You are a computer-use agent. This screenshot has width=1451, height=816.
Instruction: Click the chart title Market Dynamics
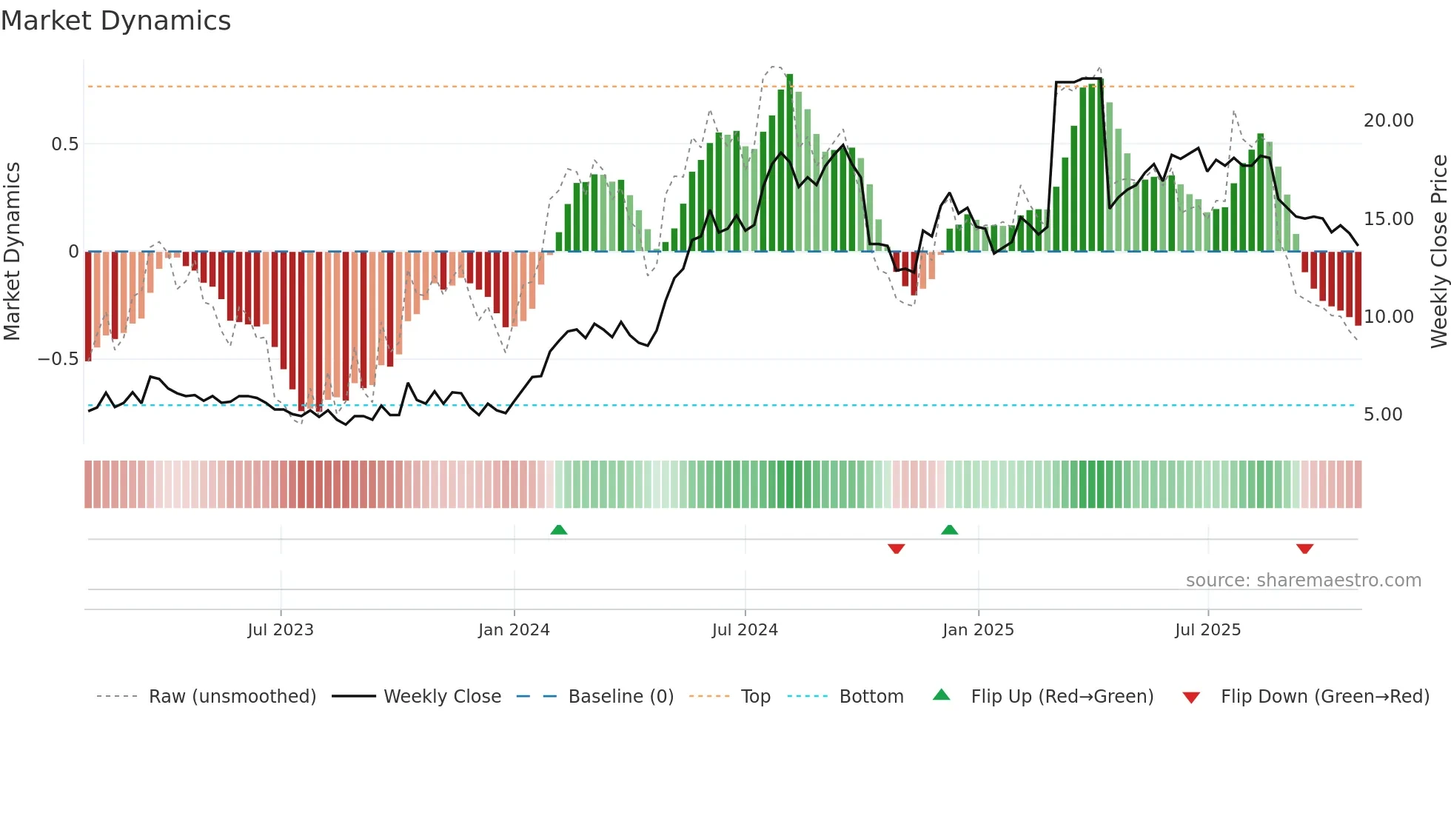115,21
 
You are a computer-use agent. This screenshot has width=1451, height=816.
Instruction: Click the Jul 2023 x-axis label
281,630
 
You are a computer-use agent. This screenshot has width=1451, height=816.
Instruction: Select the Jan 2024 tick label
514,630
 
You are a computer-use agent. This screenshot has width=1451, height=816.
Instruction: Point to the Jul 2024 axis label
745,630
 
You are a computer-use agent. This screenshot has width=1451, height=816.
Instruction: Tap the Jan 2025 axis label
978,630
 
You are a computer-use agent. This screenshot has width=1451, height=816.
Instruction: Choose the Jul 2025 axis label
1207,630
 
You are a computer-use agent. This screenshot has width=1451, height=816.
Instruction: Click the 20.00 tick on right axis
1388,121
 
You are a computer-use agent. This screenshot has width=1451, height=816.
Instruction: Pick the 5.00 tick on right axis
1383,415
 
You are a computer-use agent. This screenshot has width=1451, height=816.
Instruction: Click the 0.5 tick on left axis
64,144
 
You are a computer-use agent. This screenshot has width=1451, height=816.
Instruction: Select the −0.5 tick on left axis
58,359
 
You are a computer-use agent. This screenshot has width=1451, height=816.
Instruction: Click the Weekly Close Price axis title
1438,252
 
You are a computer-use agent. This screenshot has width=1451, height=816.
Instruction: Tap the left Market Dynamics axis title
12,252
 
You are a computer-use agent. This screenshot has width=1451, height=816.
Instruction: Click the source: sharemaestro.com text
1303,581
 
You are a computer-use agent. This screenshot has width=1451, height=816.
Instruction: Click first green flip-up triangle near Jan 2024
559,530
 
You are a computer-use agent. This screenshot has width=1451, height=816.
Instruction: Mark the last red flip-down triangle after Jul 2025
1304,549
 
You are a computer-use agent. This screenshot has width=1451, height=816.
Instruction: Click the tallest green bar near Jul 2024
790,163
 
